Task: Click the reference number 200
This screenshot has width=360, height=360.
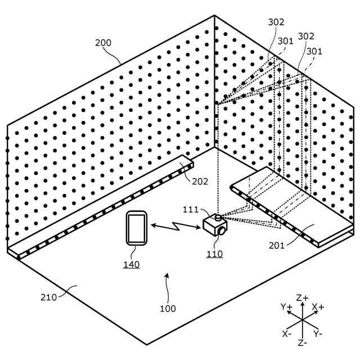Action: pos(103,43)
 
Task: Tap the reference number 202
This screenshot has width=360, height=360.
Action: pos(200,181)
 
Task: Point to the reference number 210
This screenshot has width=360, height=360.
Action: pos(49,297)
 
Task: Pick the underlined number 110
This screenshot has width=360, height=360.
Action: pos(214,254)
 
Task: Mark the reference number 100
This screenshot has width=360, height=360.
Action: pos(167,308)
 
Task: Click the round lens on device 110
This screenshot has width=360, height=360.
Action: pos(223,231)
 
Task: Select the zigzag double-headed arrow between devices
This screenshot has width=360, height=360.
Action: pos(176,227)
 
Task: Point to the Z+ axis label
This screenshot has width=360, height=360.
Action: pos(303,298)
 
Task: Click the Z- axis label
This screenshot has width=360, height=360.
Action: pos(303,341)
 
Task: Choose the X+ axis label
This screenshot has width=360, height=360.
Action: pos(318,307)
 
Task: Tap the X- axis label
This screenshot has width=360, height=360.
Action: pos(287,334)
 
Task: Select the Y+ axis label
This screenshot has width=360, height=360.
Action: pos(287,307)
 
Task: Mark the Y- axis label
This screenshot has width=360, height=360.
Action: pos(318,334)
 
